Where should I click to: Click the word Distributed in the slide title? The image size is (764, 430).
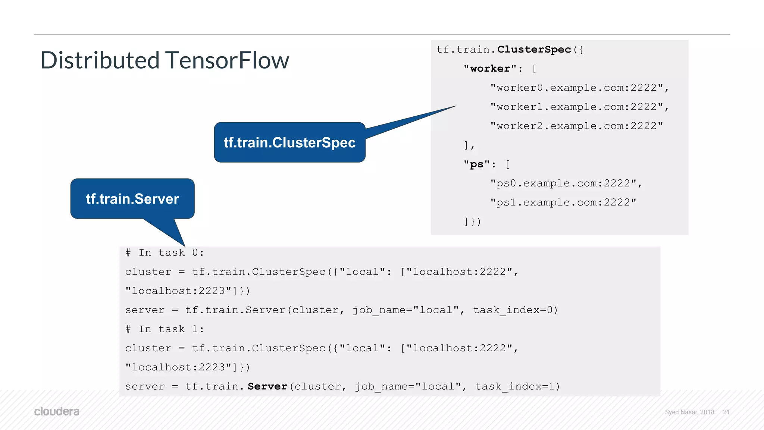100,60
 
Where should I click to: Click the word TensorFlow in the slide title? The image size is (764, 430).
227,60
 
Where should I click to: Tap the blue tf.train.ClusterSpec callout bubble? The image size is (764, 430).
289,142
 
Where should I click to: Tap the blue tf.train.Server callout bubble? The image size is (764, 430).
132,199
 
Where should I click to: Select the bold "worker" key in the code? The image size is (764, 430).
490,69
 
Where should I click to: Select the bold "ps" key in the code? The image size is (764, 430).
476,164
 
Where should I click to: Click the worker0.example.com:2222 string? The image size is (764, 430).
576,88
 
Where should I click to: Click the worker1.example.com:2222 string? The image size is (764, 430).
576,107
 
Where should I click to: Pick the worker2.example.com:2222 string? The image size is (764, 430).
576,126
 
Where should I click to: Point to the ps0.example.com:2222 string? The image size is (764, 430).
563,183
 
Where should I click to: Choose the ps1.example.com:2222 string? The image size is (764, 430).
563,203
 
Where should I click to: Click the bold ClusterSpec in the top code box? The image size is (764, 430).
534,50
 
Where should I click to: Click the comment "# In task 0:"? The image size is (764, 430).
165,253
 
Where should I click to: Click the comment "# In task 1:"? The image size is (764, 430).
165,329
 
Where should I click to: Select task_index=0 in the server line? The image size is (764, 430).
515,310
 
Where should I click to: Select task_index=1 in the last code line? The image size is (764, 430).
517,387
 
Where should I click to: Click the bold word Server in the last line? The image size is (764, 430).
267,387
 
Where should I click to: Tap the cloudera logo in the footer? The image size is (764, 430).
57,412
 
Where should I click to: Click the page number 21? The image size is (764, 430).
726,412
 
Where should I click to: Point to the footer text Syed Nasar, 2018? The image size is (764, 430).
689,412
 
